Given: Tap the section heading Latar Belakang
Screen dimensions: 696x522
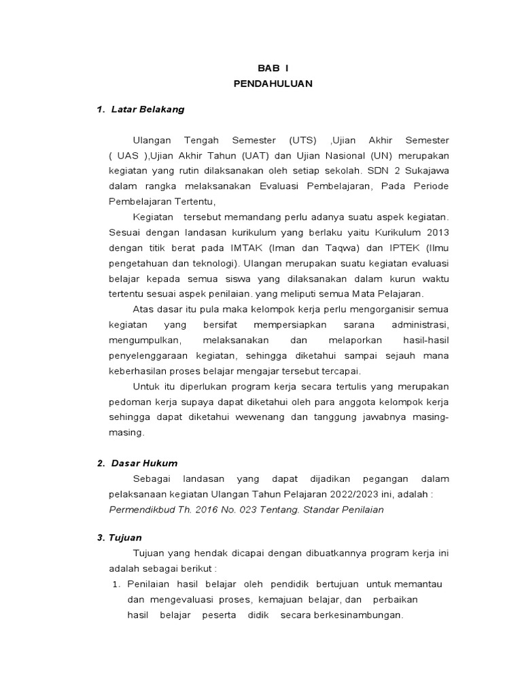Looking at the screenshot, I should tap(147, 109).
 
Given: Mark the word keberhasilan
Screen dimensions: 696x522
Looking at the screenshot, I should tap(137, 370).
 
